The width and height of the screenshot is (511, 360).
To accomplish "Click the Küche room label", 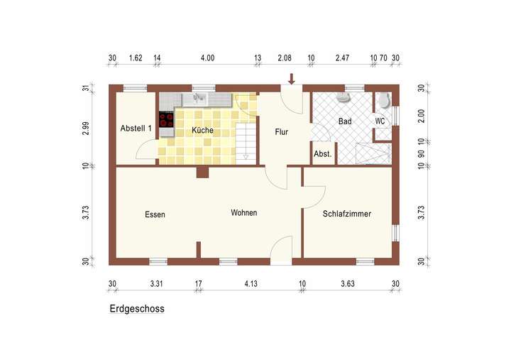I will click(202, 131).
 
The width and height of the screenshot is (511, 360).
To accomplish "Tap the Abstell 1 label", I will click(136, 129).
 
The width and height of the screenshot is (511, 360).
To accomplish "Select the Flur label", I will click(282, 131).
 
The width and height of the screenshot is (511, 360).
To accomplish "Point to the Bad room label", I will click(345, 122).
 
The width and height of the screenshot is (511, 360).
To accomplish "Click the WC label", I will click(380, 121).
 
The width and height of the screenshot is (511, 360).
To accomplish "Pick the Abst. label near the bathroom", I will click(323, 153).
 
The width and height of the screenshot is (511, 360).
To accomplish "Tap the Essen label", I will click(155, 214).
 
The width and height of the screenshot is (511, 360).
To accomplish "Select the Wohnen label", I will click(243, 213).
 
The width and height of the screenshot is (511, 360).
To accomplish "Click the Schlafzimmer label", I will click(347, 214).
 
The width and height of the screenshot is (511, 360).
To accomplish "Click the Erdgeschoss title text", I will click(137, 310).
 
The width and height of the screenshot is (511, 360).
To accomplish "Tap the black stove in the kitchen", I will click(167, 120).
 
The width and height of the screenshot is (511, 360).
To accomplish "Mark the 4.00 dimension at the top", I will click(207, 58).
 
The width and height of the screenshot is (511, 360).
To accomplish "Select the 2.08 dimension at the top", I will click(285, 58).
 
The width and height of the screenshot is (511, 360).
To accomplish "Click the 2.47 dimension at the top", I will click(344, 58).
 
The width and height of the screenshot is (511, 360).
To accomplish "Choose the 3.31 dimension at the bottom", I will click(157, 284).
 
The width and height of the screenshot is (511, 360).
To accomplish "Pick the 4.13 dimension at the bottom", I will click(251, 284).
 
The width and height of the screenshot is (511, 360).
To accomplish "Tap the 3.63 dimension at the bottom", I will click(347, 284).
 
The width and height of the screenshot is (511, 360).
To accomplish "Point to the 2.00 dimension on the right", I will click(421, 116).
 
